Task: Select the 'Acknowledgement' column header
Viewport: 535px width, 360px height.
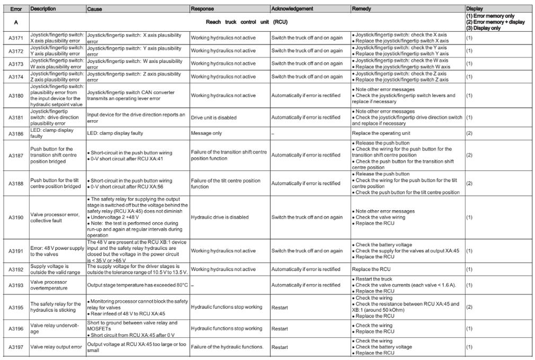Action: tap(292, 9)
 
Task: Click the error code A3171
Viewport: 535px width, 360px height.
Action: tap(15, 38)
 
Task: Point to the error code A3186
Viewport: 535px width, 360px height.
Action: tap(15, 133)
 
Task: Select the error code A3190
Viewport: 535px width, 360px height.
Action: tap(15, 217)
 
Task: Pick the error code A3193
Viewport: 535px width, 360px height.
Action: tap(15, 285)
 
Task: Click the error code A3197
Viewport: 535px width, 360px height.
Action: tap(15, 347)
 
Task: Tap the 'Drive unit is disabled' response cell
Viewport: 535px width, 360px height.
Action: tap(213, 118)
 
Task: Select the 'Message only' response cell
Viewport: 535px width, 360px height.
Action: tap(207, 133)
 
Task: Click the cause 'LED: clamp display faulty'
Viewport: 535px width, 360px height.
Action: tap(115, 133)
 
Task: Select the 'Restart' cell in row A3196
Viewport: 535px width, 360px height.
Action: tap(280, 328)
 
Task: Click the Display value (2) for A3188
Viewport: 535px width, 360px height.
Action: tap(469, 183)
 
